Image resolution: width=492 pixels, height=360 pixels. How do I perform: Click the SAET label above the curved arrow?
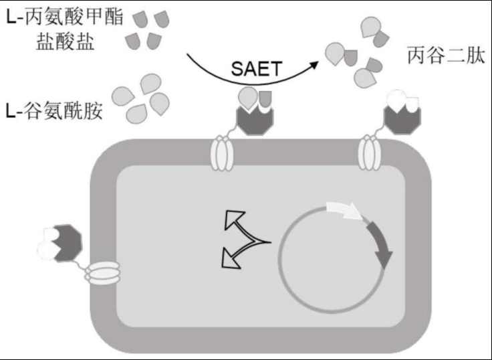pyautogui.click(x=255, y=68)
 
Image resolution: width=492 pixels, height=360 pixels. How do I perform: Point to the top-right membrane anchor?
pyautogui.click(x=369, y=153)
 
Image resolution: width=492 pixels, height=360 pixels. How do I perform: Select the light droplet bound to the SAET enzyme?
pyautogui.click(x=248, y=99)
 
